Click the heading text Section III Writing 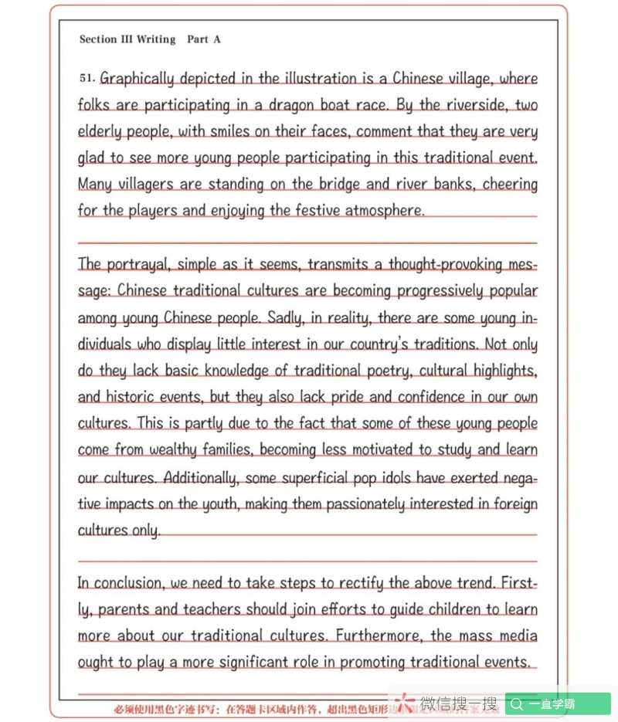127,39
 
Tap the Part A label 204,39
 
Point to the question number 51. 86,78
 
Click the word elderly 100,132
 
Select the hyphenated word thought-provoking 438,265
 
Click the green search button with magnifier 558,703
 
